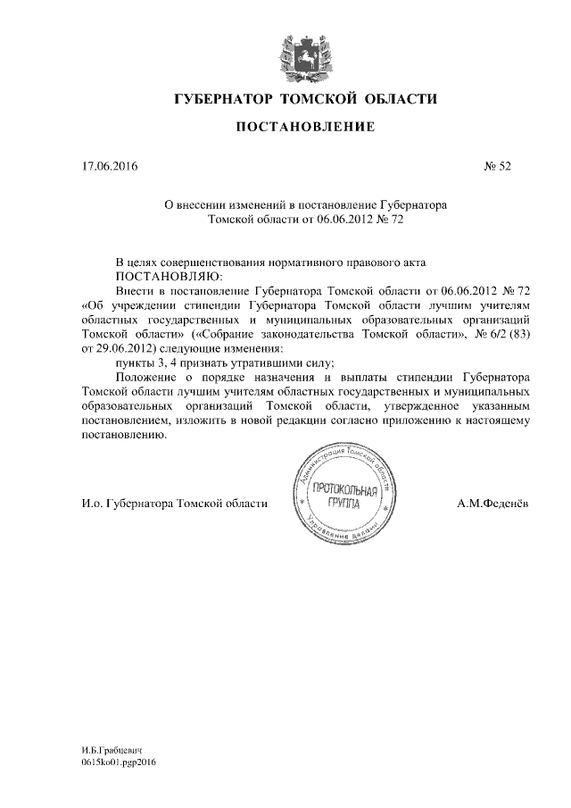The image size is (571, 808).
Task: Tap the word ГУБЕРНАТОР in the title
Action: coord(224,97)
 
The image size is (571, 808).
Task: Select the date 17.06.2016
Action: coord(109,165)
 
